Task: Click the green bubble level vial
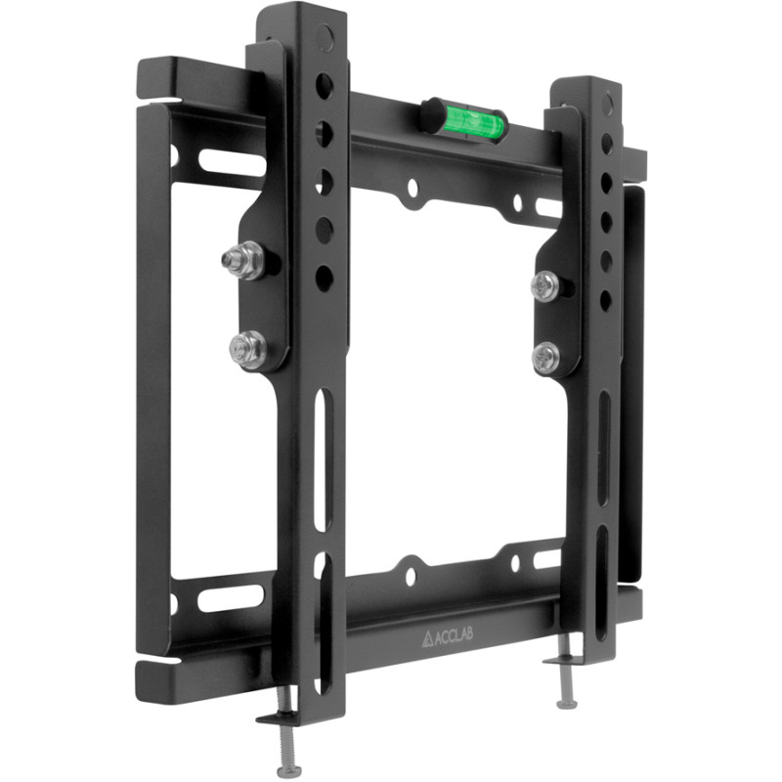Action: pos(473,123)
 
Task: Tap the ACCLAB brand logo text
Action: pos(448,637)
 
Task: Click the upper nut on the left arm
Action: pos(243,260)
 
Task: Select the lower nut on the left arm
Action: pos(248,350)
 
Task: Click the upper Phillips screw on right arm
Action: pos(545,285)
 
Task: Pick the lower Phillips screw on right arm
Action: pos(545,357)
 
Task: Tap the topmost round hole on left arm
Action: pos(324,86)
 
